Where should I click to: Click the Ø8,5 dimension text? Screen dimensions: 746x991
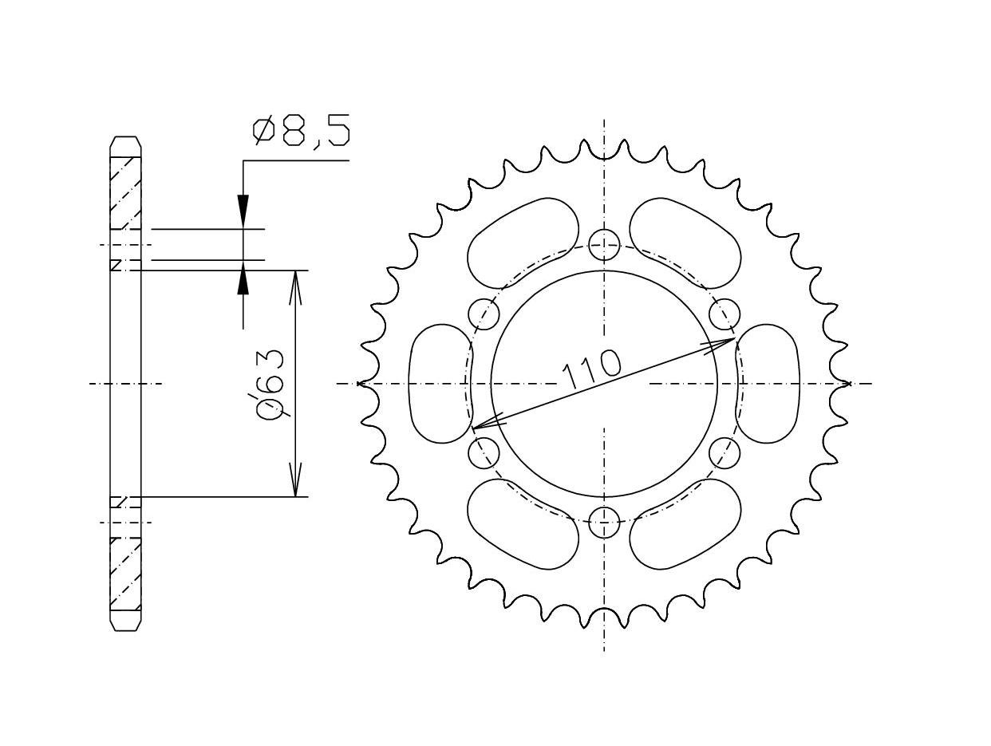(302, 132)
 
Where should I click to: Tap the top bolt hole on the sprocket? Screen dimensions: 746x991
(604, 244)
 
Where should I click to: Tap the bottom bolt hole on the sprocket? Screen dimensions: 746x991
(604, 523)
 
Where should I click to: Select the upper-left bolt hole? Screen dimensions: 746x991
(484, 314)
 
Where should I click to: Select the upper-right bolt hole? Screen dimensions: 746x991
(724, 314)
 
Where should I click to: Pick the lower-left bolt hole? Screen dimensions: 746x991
(484, 453)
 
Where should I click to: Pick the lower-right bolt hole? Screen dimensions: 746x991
(724, 453)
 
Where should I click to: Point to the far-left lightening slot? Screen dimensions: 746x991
(440, 383)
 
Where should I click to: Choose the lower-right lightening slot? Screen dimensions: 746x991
(685, 524)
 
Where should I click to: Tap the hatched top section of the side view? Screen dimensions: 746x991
(125, 191)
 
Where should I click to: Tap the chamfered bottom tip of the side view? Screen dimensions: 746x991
(125, 621)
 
